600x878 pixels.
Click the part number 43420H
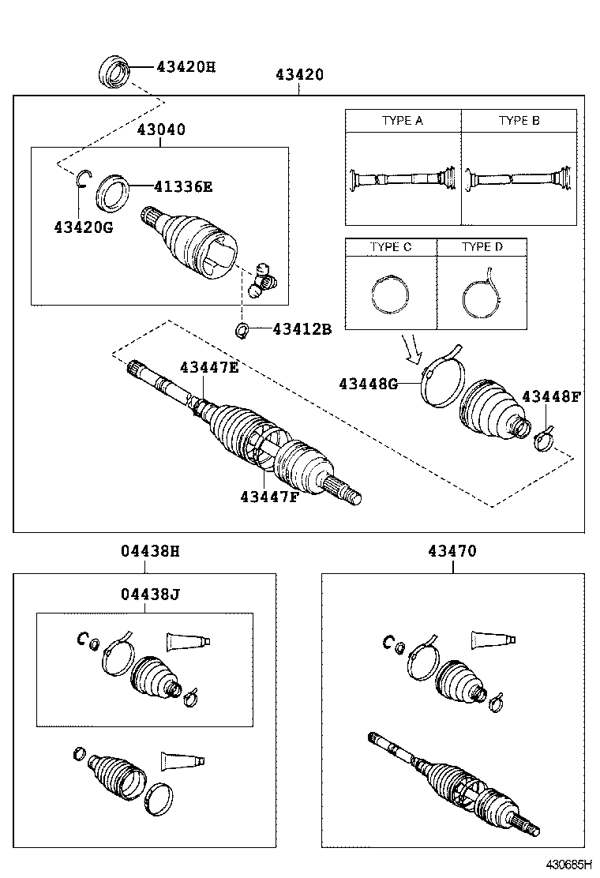pos(185,67)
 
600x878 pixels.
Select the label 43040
pos(161,129)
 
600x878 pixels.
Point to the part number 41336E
pos(183,187)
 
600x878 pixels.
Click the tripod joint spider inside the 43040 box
pos(263,280)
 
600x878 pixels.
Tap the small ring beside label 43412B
pos(243,329)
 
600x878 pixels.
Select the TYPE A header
pos(403,121)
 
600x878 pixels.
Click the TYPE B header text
pos(519,121)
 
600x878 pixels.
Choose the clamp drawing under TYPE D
pos(482,294)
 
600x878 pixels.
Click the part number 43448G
pos(368,384)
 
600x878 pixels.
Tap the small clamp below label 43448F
pos(544,438)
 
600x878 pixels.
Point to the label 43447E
pos(208,367)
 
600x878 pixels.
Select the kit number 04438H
pos(150,551)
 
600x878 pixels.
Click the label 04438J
pos(150,593)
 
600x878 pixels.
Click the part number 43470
pos(452,551)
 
